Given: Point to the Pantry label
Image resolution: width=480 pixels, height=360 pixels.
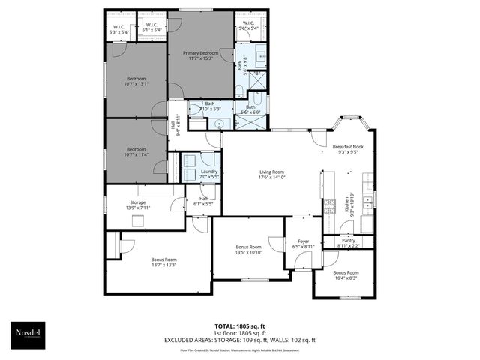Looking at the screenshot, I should [348, 243].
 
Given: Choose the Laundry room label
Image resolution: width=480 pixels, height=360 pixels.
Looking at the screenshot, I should [208, 175].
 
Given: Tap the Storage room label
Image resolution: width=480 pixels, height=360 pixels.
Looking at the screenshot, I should [137, 205].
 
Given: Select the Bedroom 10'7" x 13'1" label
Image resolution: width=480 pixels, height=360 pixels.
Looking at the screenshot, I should [135, 81].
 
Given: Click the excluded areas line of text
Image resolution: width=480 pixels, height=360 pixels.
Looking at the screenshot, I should [239, 340].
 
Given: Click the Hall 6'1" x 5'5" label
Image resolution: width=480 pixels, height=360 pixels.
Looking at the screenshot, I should [203, 201].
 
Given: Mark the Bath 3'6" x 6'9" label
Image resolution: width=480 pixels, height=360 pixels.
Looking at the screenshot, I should [250, 109].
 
